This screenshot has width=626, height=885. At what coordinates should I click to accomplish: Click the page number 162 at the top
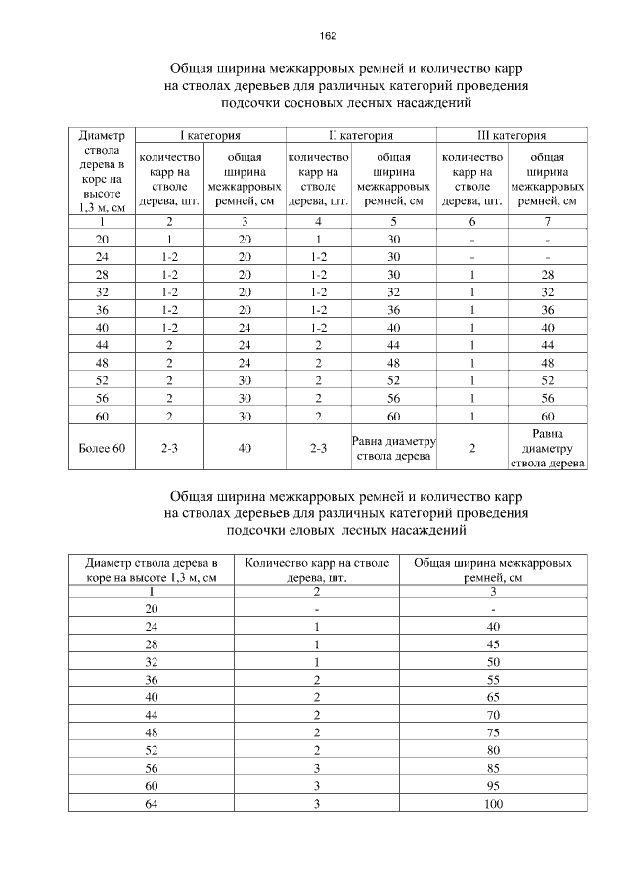pos(328,36)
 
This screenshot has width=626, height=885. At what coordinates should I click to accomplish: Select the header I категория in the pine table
pos(208,135)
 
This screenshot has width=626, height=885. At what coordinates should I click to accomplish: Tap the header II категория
pos(360,135)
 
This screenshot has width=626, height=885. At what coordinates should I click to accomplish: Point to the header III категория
pos(512,135)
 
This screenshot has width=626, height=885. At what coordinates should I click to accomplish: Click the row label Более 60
pos(102,447)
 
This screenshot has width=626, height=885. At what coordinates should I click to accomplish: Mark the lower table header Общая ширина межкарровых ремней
pos(492,570)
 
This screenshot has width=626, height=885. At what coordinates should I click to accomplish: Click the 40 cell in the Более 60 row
pos(245,447)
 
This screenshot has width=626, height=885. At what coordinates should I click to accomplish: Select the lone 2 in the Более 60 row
pos(471,447)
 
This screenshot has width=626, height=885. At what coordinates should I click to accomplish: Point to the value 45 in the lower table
pos(492,643)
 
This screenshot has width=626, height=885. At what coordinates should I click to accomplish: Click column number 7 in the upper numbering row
pos(547,221)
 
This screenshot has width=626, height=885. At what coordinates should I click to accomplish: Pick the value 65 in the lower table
pos(492,696)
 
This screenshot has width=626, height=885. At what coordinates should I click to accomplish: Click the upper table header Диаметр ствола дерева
pos(102,170)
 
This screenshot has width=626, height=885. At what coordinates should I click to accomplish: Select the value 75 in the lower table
pos(492,731)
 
